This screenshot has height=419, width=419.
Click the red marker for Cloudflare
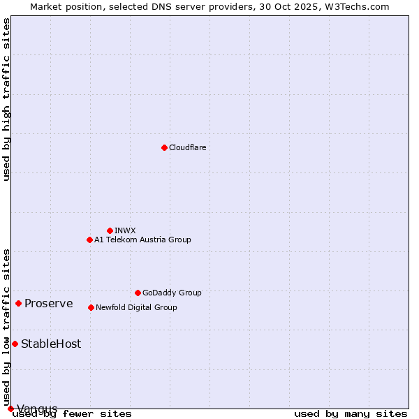[x=164, y=147]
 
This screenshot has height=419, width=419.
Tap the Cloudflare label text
[x=188, y=147]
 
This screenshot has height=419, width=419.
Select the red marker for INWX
[x=110, y=230]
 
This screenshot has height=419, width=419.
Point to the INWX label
[x=125, y=230]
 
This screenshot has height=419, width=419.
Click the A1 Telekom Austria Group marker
[x=89, y=240]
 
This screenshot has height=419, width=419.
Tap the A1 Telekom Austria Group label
[x=142, y=240]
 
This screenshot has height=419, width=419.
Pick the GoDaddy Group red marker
[x=138, y=293]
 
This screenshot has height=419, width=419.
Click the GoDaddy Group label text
[x=172, y=293]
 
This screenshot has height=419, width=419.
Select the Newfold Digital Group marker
[x=91, y=307]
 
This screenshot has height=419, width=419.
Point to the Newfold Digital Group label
[x=136, y=307]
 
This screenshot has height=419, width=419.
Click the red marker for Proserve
[x=18, y=303]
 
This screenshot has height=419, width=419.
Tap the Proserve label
[x=49, y=303]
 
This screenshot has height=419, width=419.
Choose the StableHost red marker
[x=15, y=344]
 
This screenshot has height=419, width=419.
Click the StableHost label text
[x=51, y=344]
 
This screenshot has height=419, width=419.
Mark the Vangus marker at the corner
[x=10, y=409]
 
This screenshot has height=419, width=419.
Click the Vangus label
[x=37, y=409]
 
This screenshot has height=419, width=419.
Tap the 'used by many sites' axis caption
[x=351, y=414]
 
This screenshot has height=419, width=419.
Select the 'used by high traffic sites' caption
[x=7, y=99]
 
